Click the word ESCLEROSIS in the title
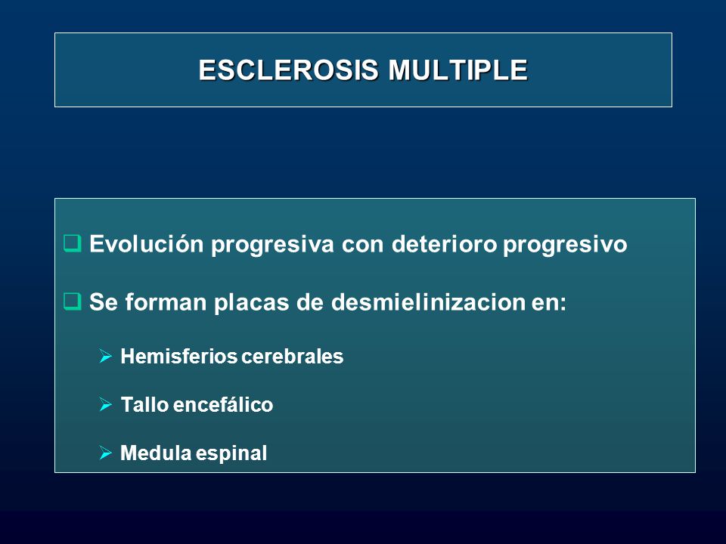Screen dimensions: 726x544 pos(289,70)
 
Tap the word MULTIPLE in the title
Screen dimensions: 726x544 pos(458,70)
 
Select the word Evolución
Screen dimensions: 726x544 pos(146,244)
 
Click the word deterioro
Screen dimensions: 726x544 pos(445,244)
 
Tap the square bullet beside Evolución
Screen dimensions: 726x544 pos(73,243)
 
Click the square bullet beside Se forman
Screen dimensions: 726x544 pos(73,301)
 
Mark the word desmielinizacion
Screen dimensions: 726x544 pos(429,302)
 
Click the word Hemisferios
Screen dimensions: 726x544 pos(178,356)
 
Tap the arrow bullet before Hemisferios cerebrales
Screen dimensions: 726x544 pos(106,356)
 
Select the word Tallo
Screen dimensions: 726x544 pos(144,405)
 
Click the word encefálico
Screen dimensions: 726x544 pos(222,405)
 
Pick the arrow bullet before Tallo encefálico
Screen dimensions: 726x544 pos(106,405)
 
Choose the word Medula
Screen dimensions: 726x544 pos(156,453)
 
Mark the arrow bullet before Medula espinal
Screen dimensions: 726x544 pos(106,453)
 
